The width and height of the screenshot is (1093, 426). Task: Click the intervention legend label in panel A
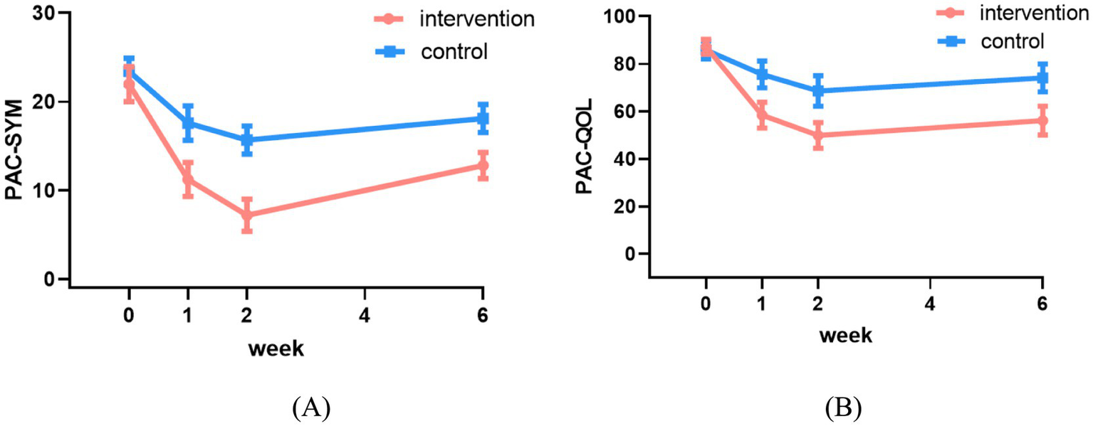[x=477, y=19]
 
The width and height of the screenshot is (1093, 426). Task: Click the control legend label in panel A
[x=454, y=51]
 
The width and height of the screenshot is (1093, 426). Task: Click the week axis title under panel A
[x=276, y=348]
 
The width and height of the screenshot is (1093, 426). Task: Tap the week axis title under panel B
[x=844, y=336]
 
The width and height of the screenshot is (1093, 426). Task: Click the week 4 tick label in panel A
[x=365, y=315]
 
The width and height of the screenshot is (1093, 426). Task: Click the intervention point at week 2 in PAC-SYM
[x=246, y=215]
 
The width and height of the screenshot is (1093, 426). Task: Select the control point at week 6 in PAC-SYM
[x=483, y=119]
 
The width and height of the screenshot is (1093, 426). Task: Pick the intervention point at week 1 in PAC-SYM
[x=188, y=179]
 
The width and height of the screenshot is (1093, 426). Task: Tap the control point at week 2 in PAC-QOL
[x=818, y=90]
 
